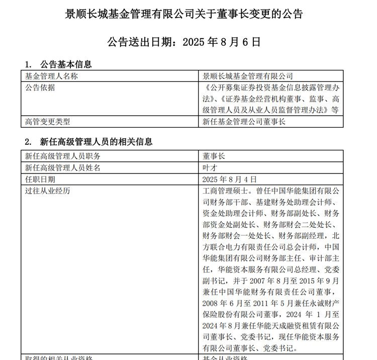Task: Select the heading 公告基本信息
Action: pos(66,64)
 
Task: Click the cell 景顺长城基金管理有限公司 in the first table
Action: pos(247,76)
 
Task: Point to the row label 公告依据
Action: pos(40,87)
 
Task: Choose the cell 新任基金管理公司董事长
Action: pos(244,121)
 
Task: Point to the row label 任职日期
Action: pos(40,179)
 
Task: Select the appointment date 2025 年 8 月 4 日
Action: pos(229,179)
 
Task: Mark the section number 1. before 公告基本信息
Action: pos(29,64)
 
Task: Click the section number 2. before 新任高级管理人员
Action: pos(29,142)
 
